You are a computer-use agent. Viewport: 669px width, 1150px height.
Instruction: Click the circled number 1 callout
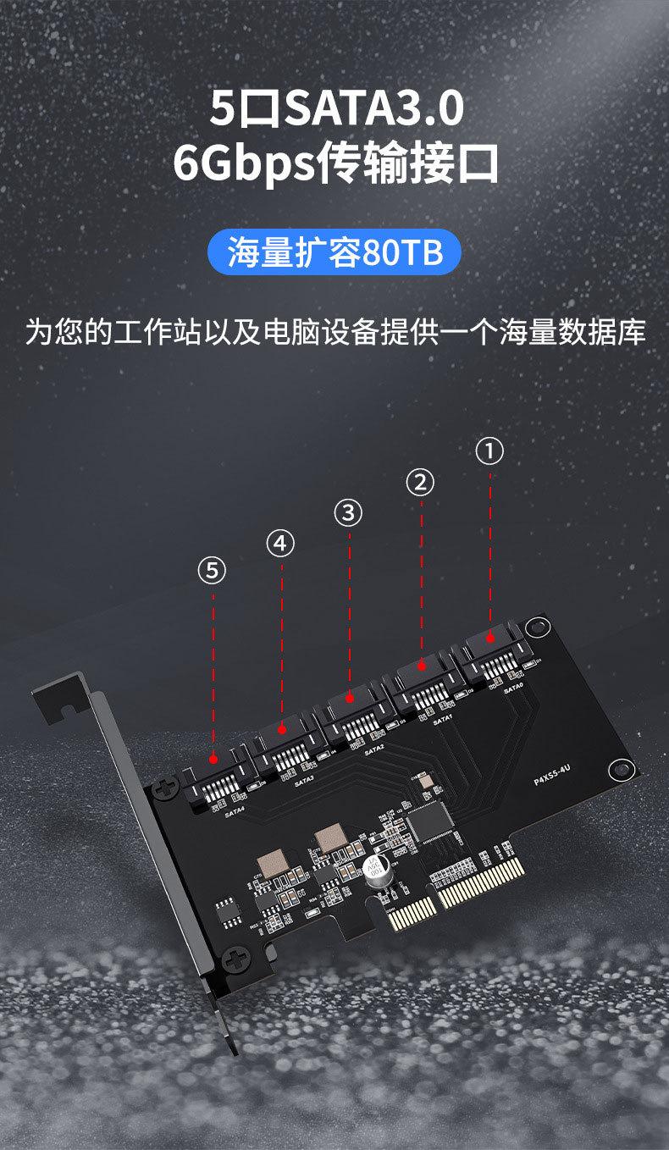point(489,451)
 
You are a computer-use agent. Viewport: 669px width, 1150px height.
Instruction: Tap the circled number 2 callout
point(420,482)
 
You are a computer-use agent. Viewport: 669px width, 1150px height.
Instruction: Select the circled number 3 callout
point(348,511)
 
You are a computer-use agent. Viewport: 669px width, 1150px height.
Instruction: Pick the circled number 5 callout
point(212,570)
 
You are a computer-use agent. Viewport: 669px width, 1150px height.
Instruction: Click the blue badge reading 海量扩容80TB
point(334,252)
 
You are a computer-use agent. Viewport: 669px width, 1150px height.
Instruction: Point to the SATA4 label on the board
point(235,810)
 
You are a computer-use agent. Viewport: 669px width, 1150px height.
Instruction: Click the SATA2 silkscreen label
point(374,750)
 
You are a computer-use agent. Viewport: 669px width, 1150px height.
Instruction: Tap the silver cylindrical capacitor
point(376,869)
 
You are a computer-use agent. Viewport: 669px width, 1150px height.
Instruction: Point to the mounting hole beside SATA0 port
point(536,628)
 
